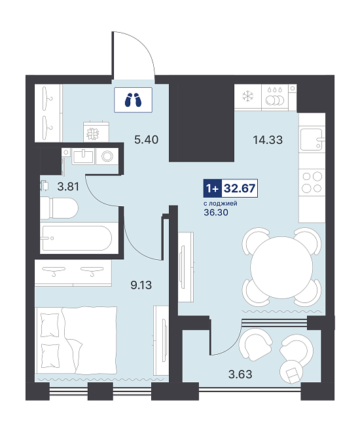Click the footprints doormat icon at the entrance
pyautogui.click(x=133, y=99)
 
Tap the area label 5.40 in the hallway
pyautogui.click(x=146, y=139)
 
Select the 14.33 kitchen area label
pyautogui.click(x=268, y=140)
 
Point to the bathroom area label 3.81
pyautogui.click(x=68, y=187)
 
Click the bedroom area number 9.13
pyautogui.click(x=141, y=285)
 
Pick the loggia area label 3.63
pyautogui.click(x=240, y=374)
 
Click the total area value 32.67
pyautogui.click(x=240, y=188)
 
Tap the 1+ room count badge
pyautogui.click(x=212, y=188)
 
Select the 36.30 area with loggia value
pyautogui.click(x=216, y=213)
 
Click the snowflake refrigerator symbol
pyautogui.click(x=247, y=97)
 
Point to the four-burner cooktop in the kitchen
pyautogui.click(x=312, y=182)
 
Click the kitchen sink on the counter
pyautogui.click(x=312, y=139)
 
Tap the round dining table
pyautogui.click(x=281, y=268)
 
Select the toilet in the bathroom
pyautogui.click(x=59, y=208)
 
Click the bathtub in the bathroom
pyautogui.click(x=76, y=238)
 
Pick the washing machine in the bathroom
pyautogui.click(x=107, y=156)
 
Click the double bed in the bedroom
pyautogui.click(x=76, y=340)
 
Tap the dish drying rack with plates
pyautogui.click(x=275, y=97)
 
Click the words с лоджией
pyautogui.click(x=221, y=204)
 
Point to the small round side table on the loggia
pyautogui.click(x=291, y=372)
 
